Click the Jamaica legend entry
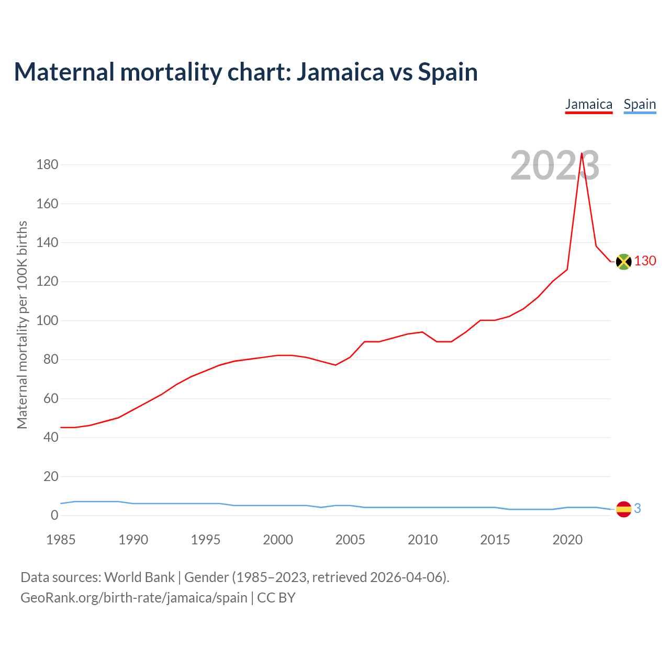tap(588, 104)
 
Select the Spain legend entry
tap(640, 104)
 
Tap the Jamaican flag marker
tap(623, 261)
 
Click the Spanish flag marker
tap(623, 509)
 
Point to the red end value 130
tap(645, 261)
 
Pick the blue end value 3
tap(638, 508)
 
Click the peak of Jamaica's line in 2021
tap(582, 153)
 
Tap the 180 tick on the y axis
tap(47, 165)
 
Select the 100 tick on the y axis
tap(47, 320)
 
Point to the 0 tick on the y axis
tap(54, 516)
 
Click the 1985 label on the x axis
tap(61, 540)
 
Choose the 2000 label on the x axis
tap(278, 540)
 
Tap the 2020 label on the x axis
tap(567, 540)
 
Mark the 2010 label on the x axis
tap(422, 540)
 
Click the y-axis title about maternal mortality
tap(22, 325)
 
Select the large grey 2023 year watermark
tap(555, 166)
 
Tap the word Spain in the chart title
tap(448, 72)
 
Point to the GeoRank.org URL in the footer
tap(133, 597)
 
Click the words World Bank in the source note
tap(139, 577)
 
